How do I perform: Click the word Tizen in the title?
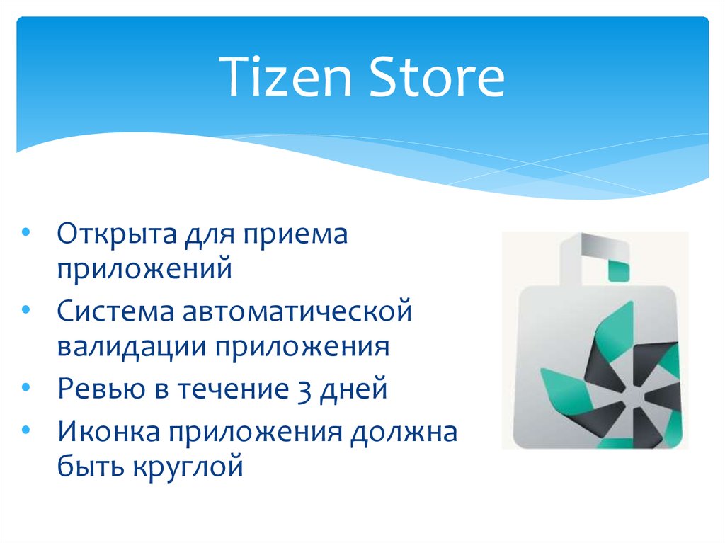(285, 76)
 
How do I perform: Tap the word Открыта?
(117, 234)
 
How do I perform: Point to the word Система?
(115, 311)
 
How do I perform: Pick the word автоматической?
(297, 311)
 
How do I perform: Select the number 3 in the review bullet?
(304, 389)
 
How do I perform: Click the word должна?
(404, 432)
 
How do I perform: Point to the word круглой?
(188, 467)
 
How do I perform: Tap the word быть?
(91, 466)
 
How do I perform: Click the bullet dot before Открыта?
(26, 232)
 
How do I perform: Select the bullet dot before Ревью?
(26, 387)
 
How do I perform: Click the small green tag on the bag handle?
(618, 270)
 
